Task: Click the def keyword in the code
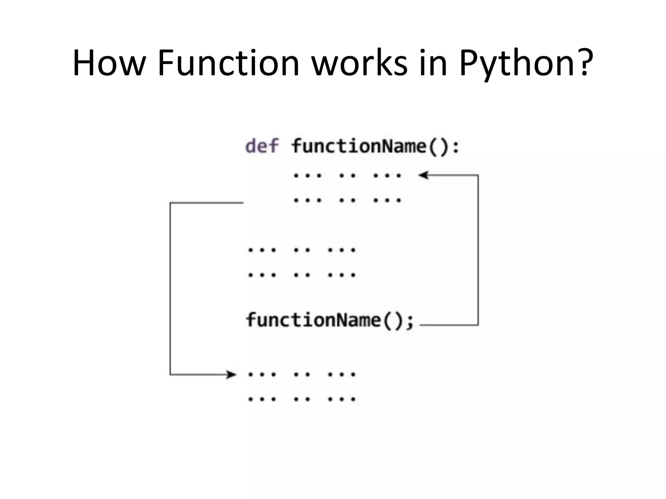(x=262, y=146)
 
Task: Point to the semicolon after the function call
(x=410, y=322)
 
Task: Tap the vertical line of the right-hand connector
(x=478, y=250)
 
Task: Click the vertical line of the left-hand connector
(x=170, y=289)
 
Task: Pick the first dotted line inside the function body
(x=347, y=176)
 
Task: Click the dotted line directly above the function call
(x=302, y=275)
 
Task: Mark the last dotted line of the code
(x=302, y=399)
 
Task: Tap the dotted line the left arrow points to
(x=302, y=375)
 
